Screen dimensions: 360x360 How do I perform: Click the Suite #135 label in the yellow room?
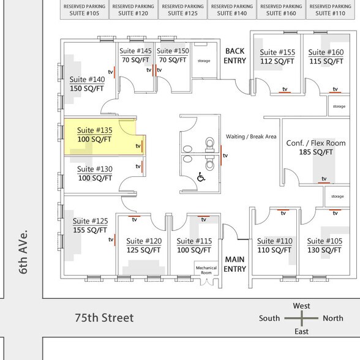pyautogui.click(x=94, y=130)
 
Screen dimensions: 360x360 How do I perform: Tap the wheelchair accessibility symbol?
pyautogui.click(x=200, y=178)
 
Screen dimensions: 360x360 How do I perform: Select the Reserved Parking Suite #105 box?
pyautogui.click(x=84, y=9)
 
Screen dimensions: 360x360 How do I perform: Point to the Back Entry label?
pyautogui.click(x=235, y=56)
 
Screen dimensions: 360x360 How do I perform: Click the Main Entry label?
pyautogui.click(x=235, y=264)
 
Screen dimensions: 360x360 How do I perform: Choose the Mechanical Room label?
pyautogui.click(x=206, y=270)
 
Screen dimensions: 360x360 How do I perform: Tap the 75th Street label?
pyautogui.click(x=104, y=318)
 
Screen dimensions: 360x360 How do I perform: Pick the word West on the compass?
pyautogui.click(x=301, y=306)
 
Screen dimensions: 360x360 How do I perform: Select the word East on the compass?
pyautogui.click(x=301, y=331)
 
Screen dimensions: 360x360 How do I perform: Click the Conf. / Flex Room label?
pyautogui.click(x=316, y=143)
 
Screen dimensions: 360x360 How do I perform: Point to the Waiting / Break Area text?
pyautogui.click(x=251, y=136)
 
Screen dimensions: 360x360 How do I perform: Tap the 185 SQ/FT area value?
pyautogui.click(x=316, y=152)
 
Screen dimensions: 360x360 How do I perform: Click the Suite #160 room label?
pyautogui.click(x=326, y=53)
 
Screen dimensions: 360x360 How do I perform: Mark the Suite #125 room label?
pyautogui.click(x=90, y=221)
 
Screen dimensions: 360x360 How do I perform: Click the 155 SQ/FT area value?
pyautogui.click(x=90, y=230)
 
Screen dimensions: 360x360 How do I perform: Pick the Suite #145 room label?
pyautogui.click(x=136, y=51)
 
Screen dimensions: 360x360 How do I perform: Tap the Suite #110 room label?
pyautogui.click(x=275, y=241)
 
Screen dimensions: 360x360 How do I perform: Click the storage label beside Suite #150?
pyautogui.click(x=203, y=61)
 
